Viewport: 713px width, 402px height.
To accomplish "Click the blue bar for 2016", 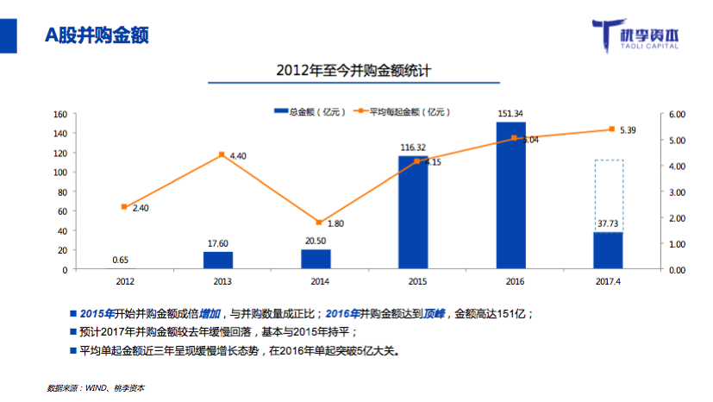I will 511,196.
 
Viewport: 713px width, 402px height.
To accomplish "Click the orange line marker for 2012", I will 124,207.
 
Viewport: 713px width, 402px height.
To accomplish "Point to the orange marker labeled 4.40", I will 221,155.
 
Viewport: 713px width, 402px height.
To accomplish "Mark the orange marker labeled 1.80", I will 318,223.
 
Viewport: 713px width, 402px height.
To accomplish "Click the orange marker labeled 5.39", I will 611,129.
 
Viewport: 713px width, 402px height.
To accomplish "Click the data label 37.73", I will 609,224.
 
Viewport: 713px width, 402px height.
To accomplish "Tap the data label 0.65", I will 122,261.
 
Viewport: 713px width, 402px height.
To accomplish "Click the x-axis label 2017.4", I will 609,281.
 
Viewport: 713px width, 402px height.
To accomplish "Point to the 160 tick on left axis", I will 60,114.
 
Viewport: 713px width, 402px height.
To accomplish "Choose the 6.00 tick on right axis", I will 676,114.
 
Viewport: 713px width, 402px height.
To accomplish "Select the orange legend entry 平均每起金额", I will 405,112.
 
